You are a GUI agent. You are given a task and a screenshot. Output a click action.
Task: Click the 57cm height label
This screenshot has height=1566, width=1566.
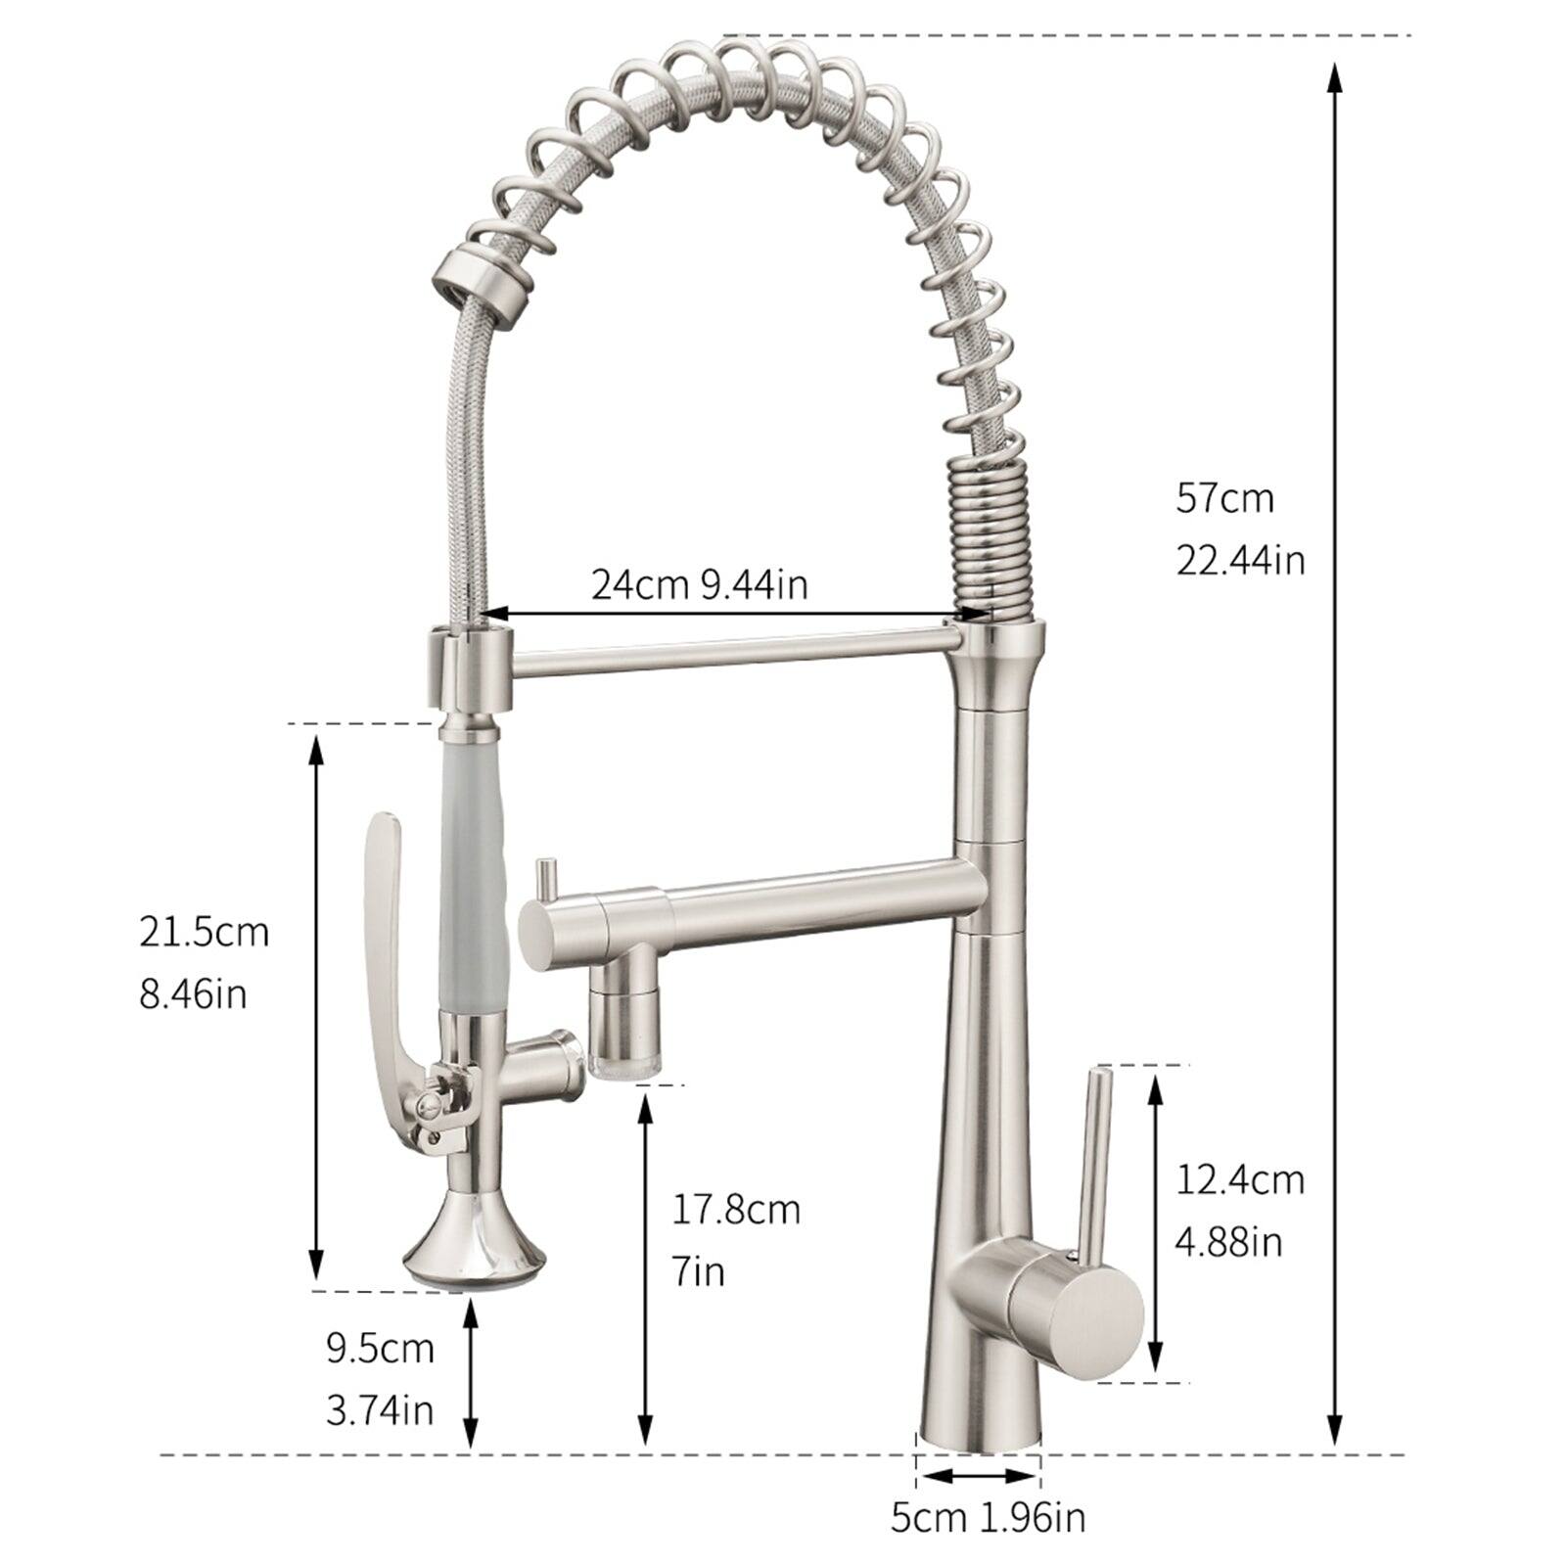1224,499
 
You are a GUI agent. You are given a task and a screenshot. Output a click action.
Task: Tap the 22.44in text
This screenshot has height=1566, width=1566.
1240,561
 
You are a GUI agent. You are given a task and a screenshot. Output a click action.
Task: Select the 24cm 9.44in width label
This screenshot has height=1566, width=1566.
699,585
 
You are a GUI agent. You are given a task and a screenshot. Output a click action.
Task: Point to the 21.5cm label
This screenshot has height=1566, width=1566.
204,932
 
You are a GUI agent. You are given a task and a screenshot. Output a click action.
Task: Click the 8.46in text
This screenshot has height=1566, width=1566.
193,994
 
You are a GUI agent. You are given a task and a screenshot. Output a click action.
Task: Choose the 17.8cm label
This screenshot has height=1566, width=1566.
735,1210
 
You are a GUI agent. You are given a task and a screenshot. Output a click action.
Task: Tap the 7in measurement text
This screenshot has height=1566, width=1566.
697,1272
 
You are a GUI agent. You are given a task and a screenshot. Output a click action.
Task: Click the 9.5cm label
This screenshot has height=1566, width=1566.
380,1349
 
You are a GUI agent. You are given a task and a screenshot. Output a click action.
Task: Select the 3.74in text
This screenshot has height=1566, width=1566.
380,1410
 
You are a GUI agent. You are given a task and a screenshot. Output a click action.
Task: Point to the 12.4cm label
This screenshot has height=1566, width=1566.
1240,1179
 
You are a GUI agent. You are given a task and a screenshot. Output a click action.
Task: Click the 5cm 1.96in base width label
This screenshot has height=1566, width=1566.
988,1518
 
